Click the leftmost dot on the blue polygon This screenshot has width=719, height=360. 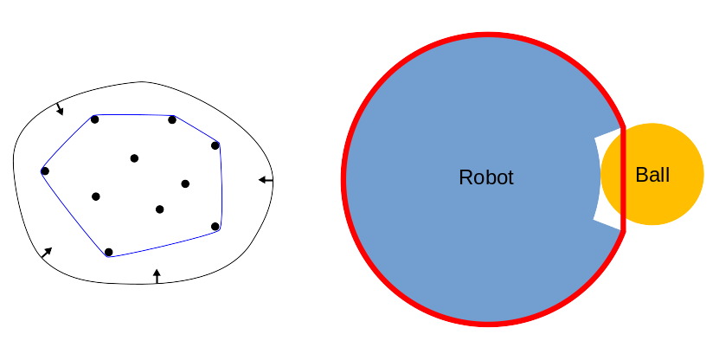[45, 170]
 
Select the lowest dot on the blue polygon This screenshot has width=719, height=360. [108, 253]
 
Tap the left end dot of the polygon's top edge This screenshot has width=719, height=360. [94, 119]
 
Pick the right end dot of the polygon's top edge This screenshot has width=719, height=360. [172, 119]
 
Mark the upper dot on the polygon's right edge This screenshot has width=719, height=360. [215, 145]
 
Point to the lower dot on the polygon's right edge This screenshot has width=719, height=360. [215, 227]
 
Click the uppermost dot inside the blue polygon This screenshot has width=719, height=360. [134, 157]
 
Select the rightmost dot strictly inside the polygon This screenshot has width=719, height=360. [185, 183]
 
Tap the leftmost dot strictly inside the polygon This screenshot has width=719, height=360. [96, 196]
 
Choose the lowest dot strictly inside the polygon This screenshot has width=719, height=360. [159, 209]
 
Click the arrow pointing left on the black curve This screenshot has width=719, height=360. [266, 180]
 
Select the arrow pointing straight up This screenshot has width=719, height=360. [157, 276]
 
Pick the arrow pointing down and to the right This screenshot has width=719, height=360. [59, 109]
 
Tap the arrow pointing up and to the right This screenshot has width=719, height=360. [46, 253]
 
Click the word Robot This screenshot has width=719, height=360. [485, 177]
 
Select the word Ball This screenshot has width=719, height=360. [652, 175]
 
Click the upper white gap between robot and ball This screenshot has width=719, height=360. [608, 135]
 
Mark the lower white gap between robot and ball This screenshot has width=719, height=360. [608, 223]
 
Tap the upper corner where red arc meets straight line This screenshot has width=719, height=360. [623, 126]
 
